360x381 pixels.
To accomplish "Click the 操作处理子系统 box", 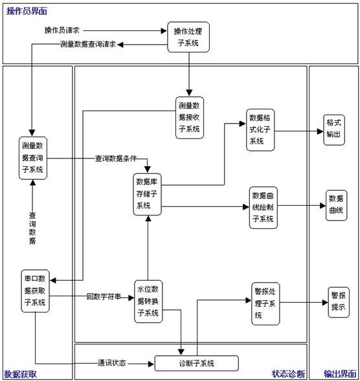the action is click(188, 37).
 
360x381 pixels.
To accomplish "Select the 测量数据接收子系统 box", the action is click(190, 118).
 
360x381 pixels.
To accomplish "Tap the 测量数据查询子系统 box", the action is click(33, 158).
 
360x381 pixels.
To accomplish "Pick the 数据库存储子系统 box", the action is click(147, 194).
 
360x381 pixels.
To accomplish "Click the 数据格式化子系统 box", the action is click(260, 130).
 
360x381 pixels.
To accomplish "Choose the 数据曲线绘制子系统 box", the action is click(263, 208).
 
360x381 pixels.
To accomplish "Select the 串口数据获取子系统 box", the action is click(35, 291).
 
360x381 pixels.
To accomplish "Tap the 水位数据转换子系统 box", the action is click(148, 301).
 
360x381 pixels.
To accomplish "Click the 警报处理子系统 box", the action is click(265, 304).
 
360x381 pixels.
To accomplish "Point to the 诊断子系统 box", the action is click(197, 364).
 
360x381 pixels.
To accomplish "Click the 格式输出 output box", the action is click(334, 130).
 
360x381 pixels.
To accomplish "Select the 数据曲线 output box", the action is click(337, 205).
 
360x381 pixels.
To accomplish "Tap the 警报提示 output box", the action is click(339, 302).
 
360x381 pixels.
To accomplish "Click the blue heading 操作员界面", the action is click(27, 11).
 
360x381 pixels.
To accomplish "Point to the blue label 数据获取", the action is click(21, 375).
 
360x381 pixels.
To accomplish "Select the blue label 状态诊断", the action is click(289, 374).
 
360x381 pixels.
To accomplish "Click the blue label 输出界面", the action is click(340, 374).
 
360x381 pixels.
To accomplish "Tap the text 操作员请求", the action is click(62, 30).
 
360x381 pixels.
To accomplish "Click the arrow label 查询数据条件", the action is click(116, 158).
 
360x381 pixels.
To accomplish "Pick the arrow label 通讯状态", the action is click(111, 363).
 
